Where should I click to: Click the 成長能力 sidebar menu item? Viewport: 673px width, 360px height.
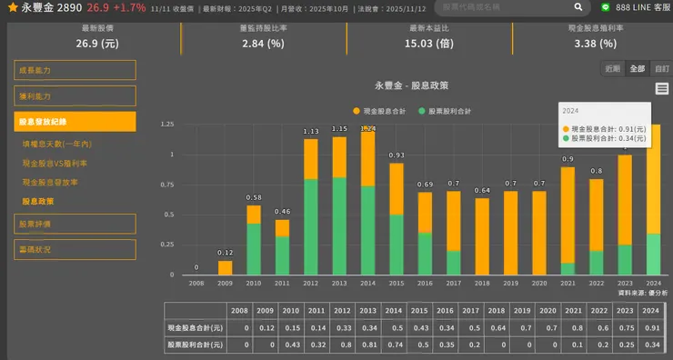click(75, 70)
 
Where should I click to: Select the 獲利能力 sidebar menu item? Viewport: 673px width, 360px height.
click(75, 95)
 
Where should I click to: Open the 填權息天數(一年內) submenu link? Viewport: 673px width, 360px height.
click(57, 144)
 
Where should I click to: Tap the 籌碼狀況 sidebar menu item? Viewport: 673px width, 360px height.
click(75, 249)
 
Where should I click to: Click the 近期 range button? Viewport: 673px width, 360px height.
click(613, 68)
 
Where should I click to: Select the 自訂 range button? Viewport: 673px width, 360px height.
click(661, 68)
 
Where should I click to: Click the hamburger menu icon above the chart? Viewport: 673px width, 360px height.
click(661, 88)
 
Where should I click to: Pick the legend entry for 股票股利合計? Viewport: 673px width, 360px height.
click(445, 111)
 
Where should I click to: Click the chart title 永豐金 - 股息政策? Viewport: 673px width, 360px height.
click(411, 85)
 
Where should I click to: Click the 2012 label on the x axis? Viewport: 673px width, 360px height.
click(311, 284)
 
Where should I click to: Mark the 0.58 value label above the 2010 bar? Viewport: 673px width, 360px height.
click(254, 197)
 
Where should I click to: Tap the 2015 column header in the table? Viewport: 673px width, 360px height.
click(396, 310)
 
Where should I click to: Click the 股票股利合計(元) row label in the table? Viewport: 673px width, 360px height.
click(195, 345)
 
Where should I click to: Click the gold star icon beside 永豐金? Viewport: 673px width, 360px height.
click(11, 7)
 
